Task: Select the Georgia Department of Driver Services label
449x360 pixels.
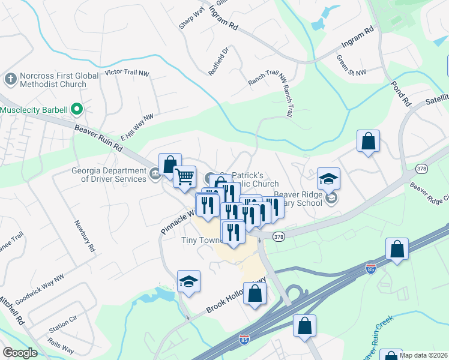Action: coord(109,174)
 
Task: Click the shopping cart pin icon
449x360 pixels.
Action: coord(185,176)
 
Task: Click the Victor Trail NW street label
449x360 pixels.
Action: coord(126,73)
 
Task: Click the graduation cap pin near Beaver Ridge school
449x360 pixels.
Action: coord(328,178)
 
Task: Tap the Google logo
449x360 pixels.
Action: coord(20,352)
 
